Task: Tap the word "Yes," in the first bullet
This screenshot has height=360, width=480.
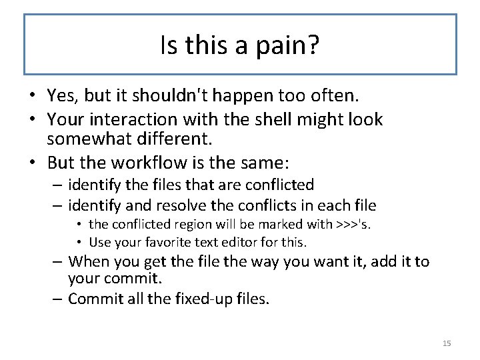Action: (63, 96)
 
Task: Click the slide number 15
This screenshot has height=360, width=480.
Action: (447, 343)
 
